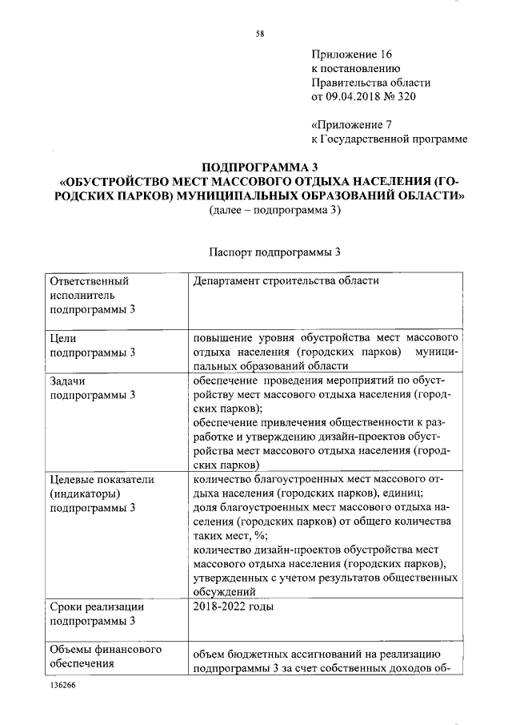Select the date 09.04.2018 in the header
[x=358, y=97]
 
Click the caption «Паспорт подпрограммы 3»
[x=275, y=252]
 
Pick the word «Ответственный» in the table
[x=89, y=281]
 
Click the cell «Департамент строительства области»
[x=286, y=281]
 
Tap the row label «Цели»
[x=63, y=338]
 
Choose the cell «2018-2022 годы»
[x=233, y=606]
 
